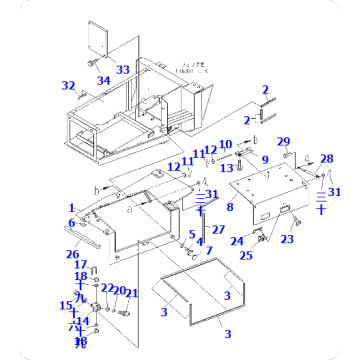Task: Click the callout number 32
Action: pyautogui.click(x=68, y=85)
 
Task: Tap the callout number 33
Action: pyautogui.click(x=123, y=70)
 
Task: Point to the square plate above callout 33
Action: pyautogui.click(x=102, y=38)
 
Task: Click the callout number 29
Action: pyautogui.click(x=283, y=141)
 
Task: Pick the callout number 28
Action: pyautogui.click(x=326, y=158)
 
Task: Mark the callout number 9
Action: pyautogui.click(x=265, y=160)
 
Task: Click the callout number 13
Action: pyautogui.click(x=225, y=168)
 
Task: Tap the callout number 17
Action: pyautogui.click(x=80, y=264)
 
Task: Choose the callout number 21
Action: pyautogui.click(x=132, y=293)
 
